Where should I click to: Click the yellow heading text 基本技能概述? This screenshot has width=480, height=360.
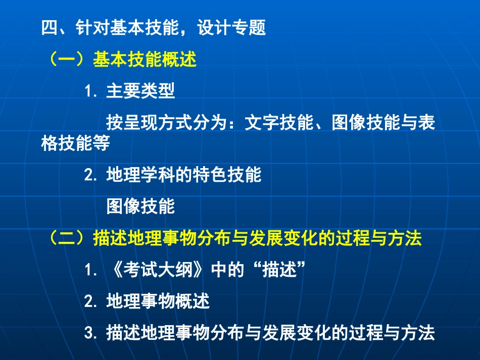tap(145, 60)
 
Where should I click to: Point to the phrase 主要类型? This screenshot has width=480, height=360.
tap(140, 91)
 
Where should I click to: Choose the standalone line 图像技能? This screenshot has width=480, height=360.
tap(140, 206)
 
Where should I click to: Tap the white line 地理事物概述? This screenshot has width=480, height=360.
tap(158, 302)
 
